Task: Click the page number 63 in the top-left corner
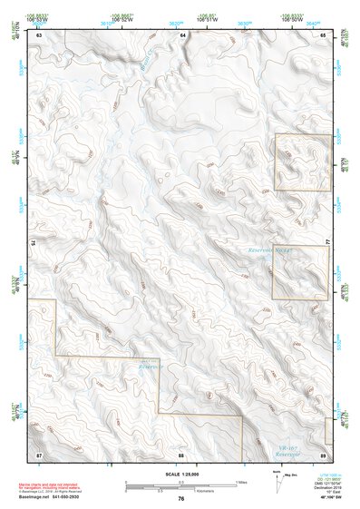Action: pyautogui.click(x=39, y=34)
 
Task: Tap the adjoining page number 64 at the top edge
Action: pyautogui.click(x=182, y=34)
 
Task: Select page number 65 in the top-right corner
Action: pyautogui.click(x=324, y=34)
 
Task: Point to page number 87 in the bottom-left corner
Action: pyautogui.click(x=39, y=453)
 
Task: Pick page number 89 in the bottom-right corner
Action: pyautogui.click(x=324, y=453)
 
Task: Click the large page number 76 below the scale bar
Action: pyautogui.click(x=181, y=499)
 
